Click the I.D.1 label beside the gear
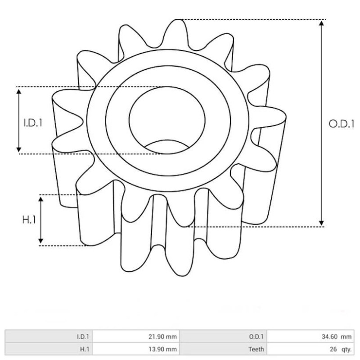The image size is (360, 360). coord(33,122)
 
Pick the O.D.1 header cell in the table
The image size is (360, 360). coord(257,336)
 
